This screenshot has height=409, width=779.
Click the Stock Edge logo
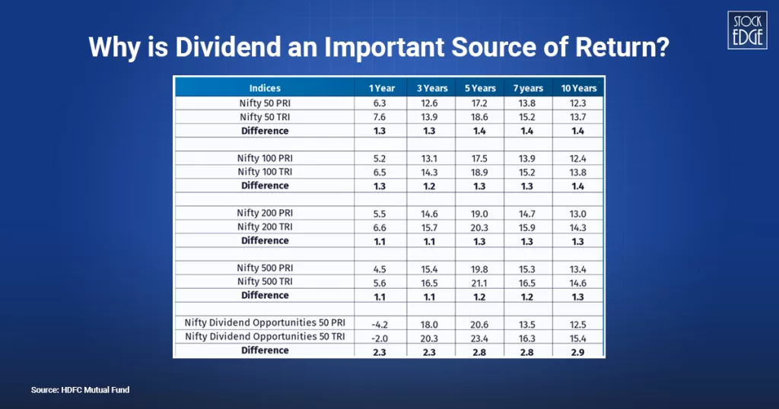[746, 30]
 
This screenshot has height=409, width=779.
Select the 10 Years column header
[579, 88]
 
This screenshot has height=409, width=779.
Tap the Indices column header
[264, 88]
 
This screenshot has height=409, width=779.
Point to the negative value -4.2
[380, 322]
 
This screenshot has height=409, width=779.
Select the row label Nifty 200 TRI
[264, 227]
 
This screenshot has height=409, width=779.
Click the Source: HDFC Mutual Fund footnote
[80, 390]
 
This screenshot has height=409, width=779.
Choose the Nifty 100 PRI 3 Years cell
[431, 157]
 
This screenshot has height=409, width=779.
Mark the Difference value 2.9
[579, 350]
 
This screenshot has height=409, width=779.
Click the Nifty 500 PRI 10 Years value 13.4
[579, 268]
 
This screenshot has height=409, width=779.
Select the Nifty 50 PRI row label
[264, 103]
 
